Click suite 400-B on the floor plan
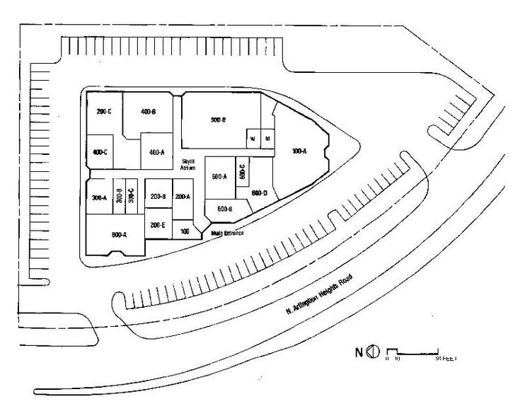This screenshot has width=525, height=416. pos(148,112)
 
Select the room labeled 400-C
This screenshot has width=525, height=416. pos(100,153)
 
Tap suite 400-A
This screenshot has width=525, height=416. pos(156,152)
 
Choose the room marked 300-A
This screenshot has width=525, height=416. pos(99,197)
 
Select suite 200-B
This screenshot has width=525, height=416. pos(158,197)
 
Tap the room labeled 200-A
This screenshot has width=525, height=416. pos(182,197)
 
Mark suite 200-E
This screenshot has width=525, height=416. pos(158,225)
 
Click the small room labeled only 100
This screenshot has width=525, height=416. pos(185,231)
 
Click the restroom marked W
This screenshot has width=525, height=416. pos(253,139)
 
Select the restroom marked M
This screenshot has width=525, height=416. pos(267,139)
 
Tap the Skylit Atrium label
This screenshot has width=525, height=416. pos(188,165)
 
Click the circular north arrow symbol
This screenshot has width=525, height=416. pos(375,352)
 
